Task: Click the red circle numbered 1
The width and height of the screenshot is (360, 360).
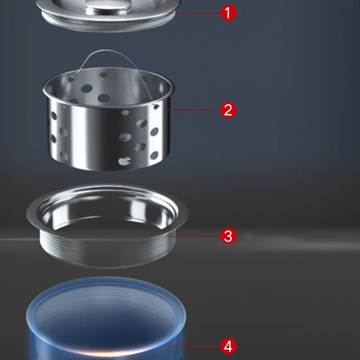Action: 228,13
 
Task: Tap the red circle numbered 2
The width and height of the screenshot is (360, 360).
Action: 228,109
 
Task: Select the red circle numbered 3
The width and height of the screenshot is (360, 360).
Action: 228,235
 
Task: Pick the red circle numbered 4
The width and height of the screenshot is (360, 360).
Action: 228,346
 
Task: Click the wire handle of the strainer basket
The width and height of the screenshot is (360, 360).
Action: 83,63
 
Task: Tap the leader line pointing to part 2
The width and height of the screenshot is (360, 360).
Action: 193,109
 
